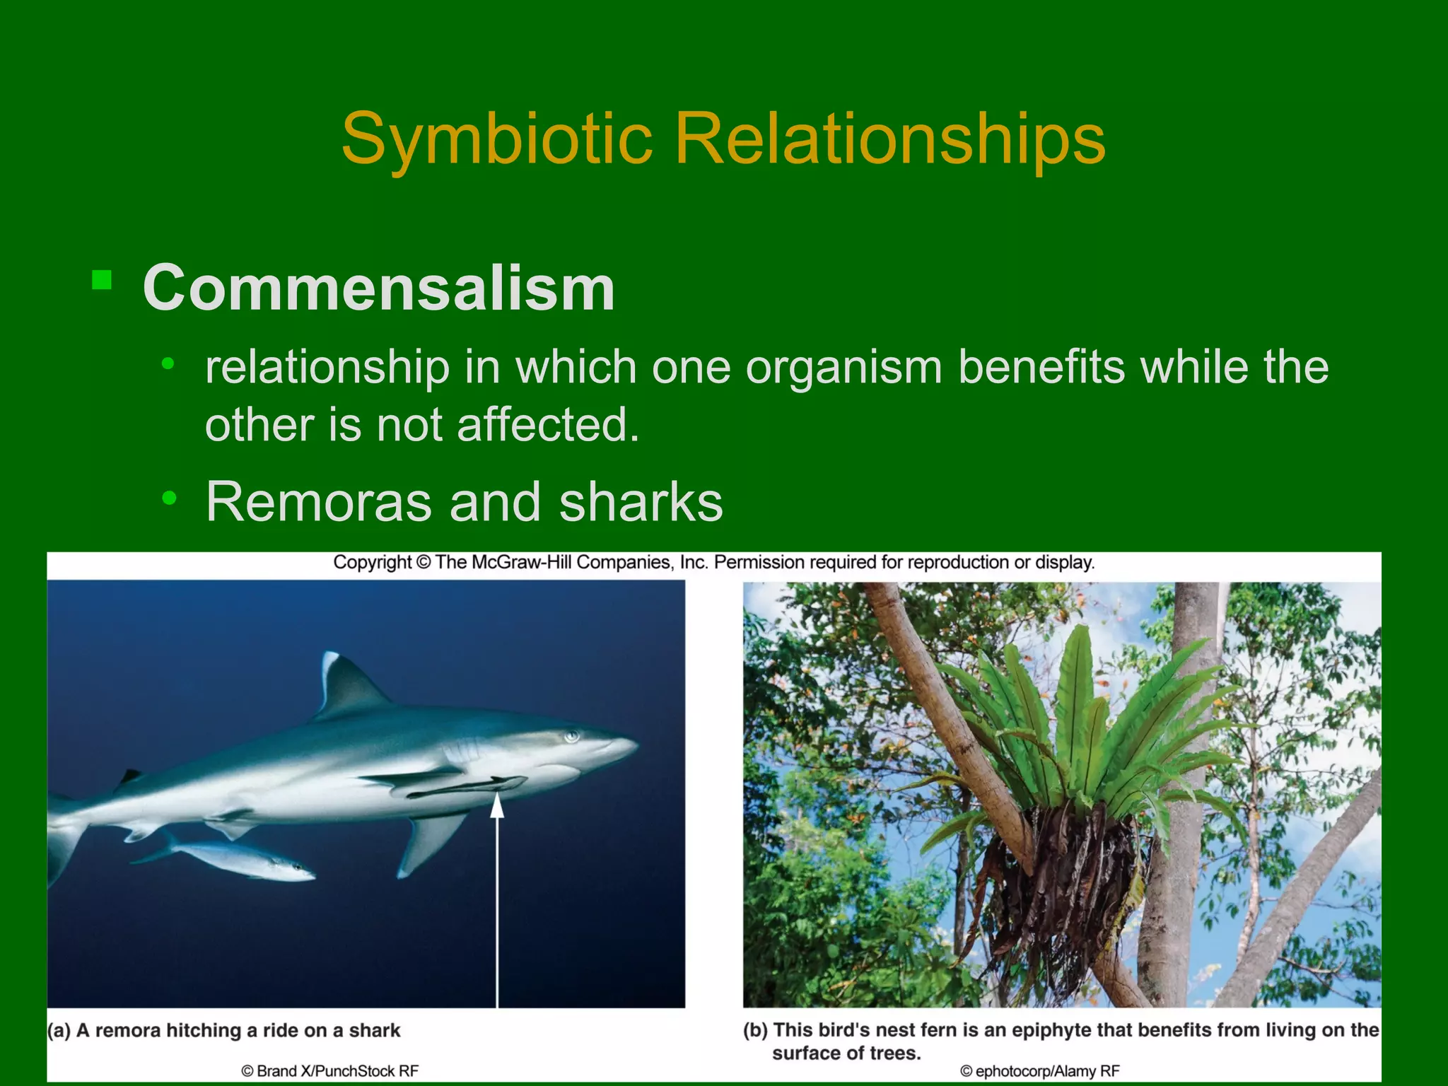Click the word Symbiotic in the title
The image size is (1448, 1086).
[x=496, y=139]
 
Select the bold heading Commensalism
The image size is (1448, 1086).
[x=378, y=288]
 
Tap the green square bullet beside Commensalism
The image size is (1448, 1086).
[x=102, y=281]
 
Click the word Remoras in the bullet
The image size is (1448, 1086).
[x=318, y=502]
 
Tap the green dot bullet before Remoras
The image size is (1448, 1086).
[x=168, y=499]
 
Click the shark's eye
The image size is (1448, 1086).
[x=571, y=737]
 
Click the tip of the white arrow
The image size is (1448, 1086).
[x=497, y=798]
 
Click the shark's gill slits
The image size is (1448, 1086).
[x=463, y=749]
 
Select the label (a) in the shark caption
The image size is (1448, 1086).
[x=59, y=1030]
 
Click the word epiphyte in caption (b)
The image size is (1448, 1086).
[x=1050, y=1030]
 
